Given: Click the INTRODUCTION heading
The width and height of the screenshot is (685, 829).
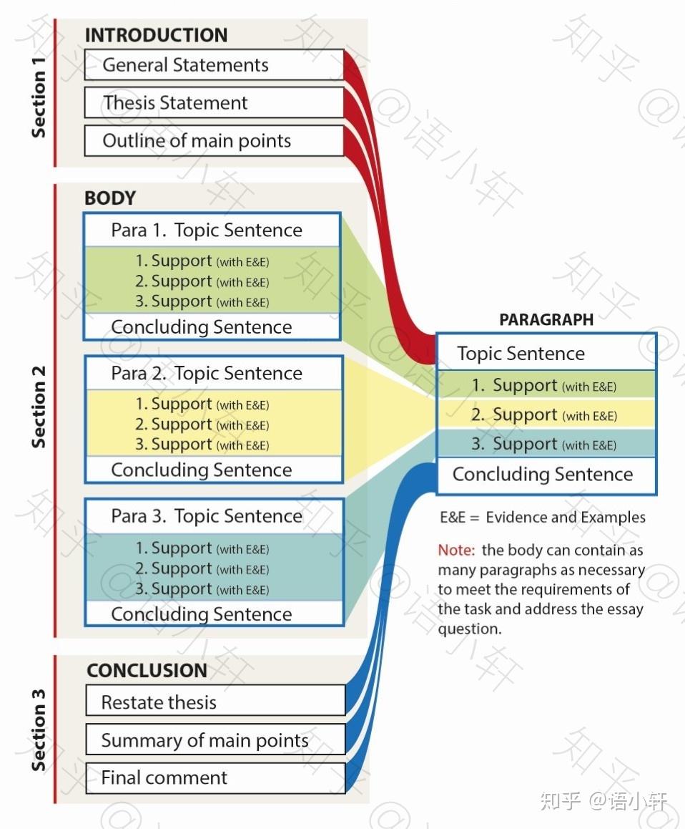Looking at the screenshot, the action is click(157, 35).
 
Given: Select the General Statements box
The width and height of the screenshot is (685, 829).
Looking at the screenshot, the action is click(215, 65).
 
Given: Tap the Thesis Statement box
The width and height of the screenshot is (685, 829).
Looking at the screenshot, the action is click(215, 102).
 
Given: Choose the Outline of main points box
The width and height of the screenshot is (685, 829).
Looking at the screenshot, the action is click(215, 140).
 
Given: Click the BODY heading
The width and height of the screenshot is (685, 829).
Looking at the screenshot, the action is click(110, 198).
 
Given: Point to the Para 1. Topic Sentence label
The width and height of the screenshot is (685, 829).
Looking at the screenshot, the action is click(207, 230).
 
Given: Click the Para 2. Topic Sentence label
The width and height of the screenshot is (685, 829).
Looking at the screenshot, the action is click(207, 373).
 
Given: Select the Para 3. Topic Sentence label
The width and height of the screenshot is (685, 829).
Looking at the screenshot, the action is click(207, 516).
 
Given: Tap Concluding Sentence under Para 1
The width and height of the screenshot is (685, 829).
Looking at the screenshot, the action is click(201, 326).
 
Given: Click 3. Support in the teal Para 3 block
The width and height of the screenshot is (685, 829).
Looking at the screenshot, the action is click(202, 588).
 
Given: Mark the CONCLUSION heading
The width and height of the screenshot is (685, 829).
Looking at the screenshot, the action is click(147, 670).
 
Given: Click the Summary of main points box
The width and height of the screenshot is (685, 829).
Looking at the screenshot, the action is click(215, 740).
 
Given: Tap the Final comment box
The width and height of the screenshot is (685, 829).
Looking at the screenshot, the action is click(215, 777).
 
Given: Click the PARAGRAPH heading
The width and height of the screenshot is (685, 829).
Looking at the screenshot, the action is click(546, 319).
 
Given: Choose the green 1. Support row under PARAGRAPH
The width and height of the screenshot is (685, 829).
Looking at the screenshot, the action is click(546, 385).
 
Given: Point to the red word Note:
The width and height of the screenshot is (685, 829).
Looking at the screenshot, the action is click(456, 550).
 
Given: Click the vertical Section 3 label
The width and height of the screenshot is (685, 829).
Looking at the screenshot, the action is click(38, 729).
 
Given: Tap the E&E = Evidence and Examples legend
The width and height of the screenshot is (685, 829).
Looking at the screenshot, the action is click(543, 517).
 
